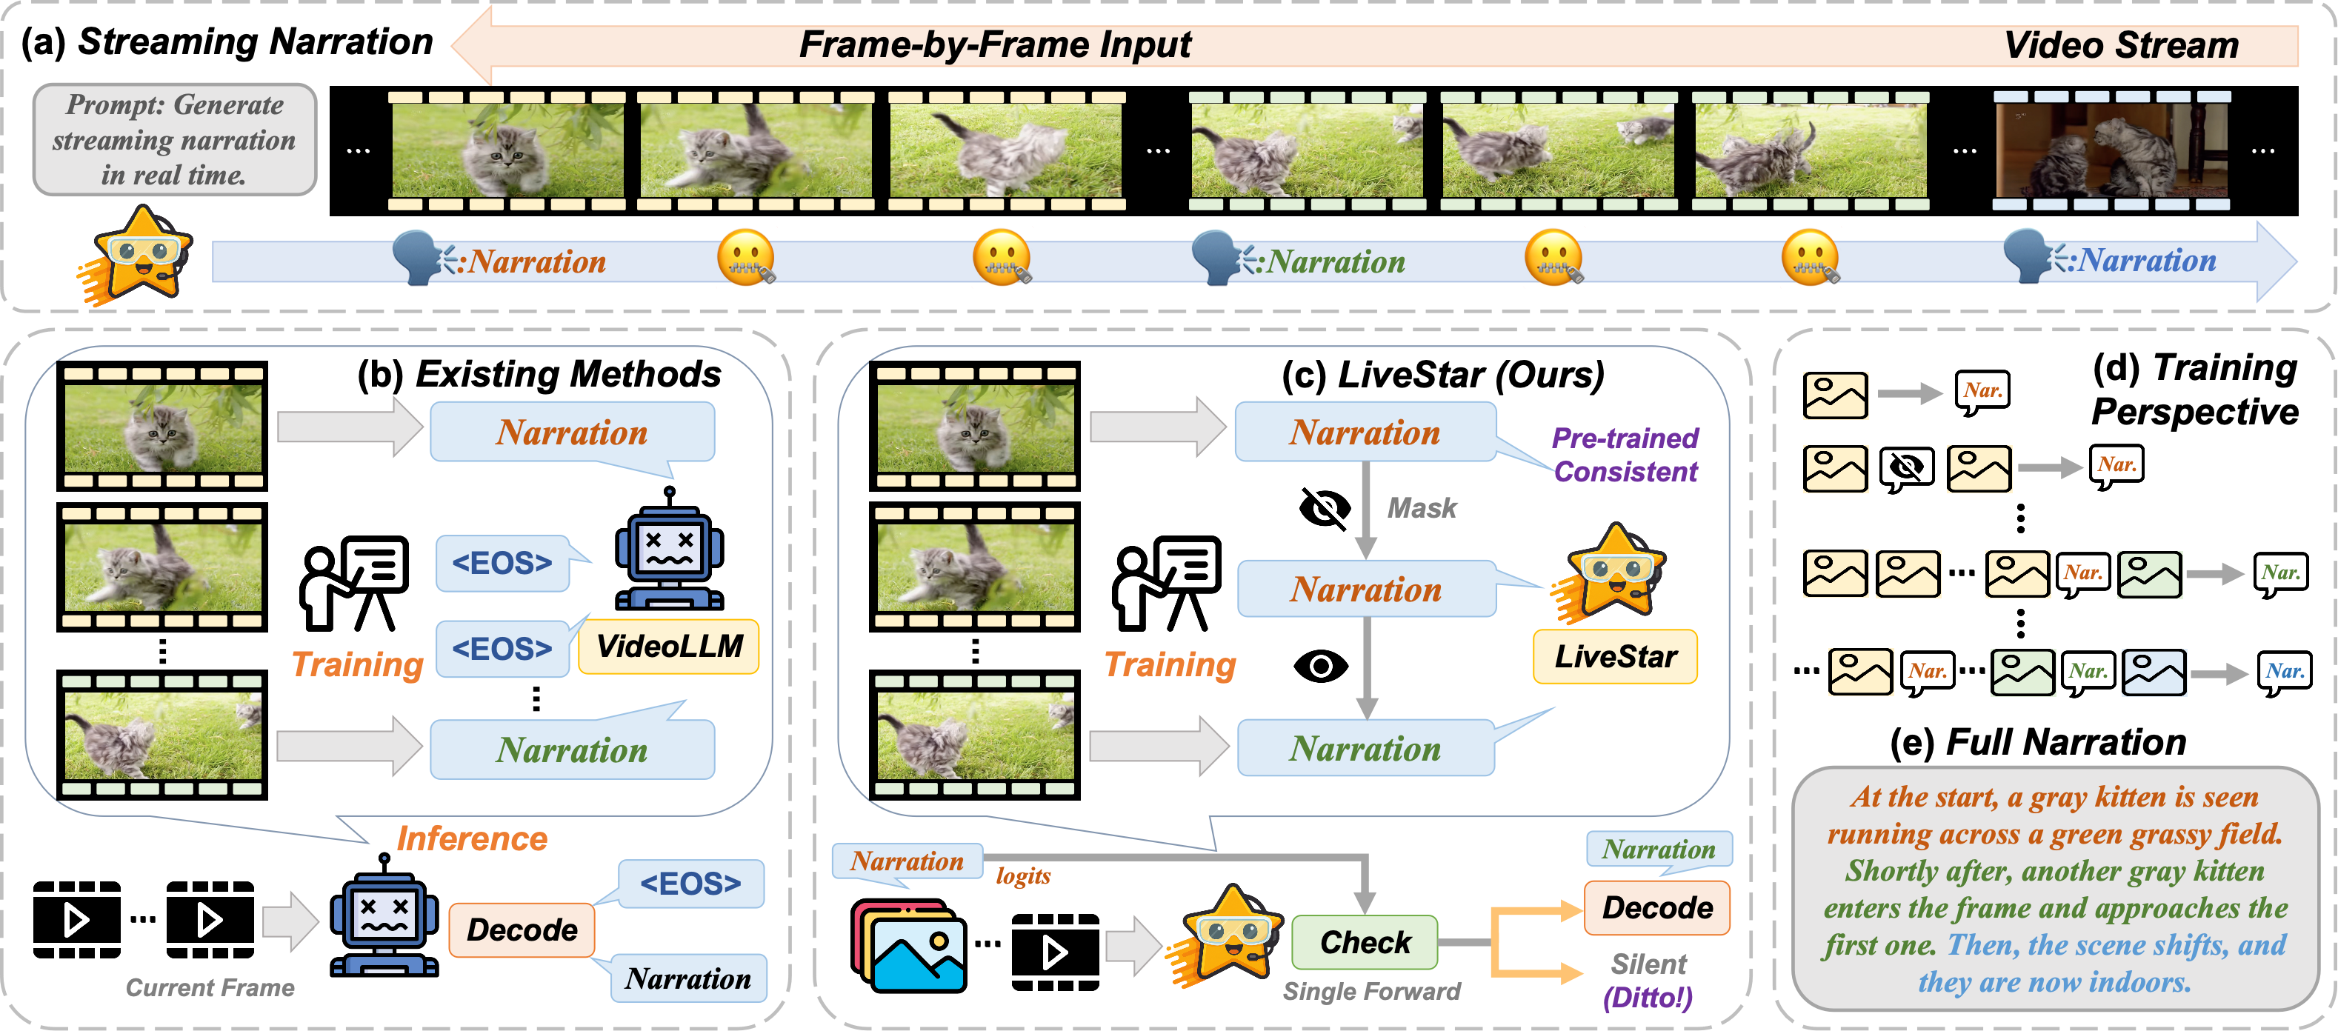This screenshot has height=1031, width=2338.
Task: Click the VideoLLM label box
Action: click(x=669, y=646)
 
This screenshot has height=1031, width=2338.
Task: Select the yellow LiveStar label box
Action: click(x=1615, y=656)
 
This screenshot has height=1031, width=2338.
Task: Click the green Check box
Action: click(x=1364, y=942)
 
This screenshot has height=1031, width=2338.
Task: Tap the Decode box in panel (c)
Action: click(x=1656, y=907)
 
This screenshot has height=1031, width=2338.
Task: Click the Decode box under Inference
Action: click(x=522, y=930)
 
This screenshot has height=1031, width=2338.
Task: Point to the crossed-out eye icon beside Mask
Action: click(x=1325, y=508)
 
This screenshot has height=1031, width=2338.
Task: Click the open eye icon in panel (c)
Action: click(x=1321, y=666)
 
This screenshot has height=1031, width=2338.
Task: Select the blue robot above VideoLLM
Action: click(x=670, y=548)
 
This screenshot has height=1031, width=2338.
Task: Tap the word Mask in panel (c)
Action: click(x=1422, y=508)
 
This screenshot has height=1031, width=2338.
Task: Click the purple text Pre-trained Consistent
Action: click(x=1625, y=455)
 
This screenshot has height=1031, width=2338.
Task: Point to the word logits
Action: click(x=1023, y=875)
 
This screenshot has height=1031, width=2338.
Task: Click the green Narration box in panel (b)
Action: click(x=572, y=750)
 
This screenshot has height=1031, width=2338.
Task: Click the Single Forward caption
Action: click(x=1371, y=991)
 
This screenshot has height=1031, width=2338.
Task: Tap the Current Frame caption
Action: click(x=210, y=987)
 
